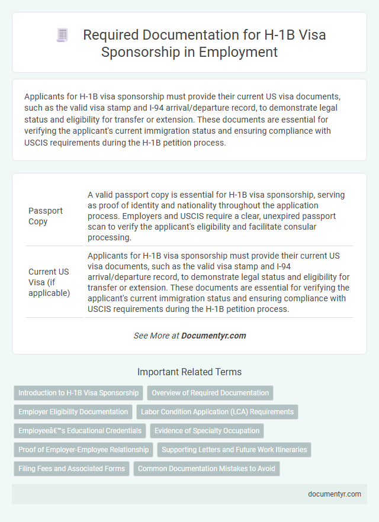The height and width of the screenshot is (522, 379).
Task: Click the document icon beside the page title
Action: pos(62,36)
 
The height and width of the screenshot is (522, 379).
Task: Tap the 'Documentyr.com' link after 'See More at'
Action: pos(213,336)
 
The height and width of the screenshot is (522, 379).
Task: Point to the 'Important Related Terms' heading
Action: pos(189,372)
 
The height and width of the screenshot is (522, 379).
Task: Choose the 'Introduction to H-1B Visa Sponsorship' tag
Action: pos(78,393)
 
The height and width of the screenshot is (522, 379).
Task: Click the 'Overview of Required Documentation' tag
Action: pos(210,393)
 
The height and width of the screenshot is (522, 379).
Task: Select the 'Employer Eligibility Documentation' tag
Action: pos(73,412)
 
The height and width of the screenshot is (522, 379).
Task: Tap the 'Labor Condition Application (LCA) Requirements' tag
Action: pos(217,412)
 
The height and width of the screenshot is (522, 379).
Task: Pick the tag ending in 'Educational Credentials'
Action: pos(80,431)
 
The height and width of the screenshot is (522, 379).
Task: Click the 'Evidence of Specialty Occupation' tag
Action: pos(207,431)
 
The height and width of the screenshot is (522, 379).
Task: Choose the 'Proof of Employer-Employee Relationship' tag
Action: pos(83,450)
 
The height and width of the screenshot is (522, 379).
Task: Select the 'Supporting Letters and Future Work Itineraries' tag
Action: pos(234,450)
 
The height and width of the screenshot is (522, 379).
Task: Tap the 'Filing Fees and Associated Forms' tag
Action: pos(72,469)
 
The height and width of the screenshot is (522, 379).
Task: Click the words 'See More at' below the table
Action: pos(156,336)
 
